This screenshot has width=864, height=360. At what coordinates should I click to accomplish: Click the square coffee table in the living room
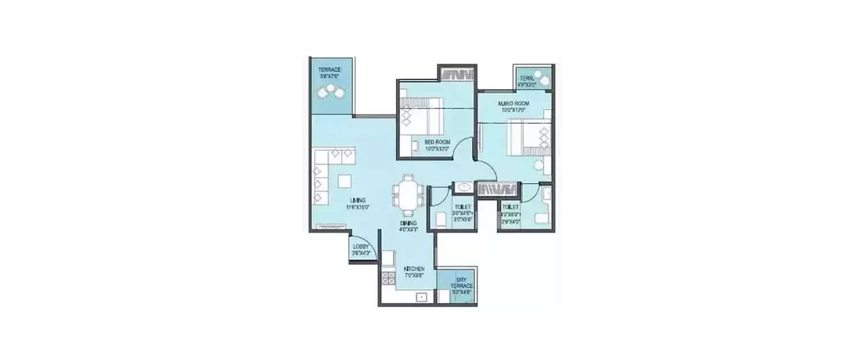click(x=344, y=181)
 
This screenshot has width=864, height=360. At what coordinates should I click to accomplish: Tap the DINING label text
click(x=409, y=223)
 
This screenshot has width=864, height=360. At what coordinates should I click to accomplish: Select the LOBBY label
click(x=361, y=246)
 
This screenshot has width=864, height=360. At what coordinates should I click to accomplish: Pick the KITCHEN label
click(x=414, y=269)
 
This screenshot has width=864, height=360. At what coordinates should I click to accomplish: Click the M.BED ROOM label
click(x=514, y=104)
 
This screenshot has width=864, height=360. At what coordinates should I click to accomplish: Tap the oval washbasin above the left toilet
click(x=464, y=187)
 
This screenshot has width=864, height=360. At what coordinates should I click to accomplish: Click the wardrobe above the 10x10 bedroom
click(x=458, y=74)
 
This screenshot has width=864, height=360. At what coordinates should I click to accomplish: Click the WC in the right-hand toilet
click(x=541, y=218)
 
